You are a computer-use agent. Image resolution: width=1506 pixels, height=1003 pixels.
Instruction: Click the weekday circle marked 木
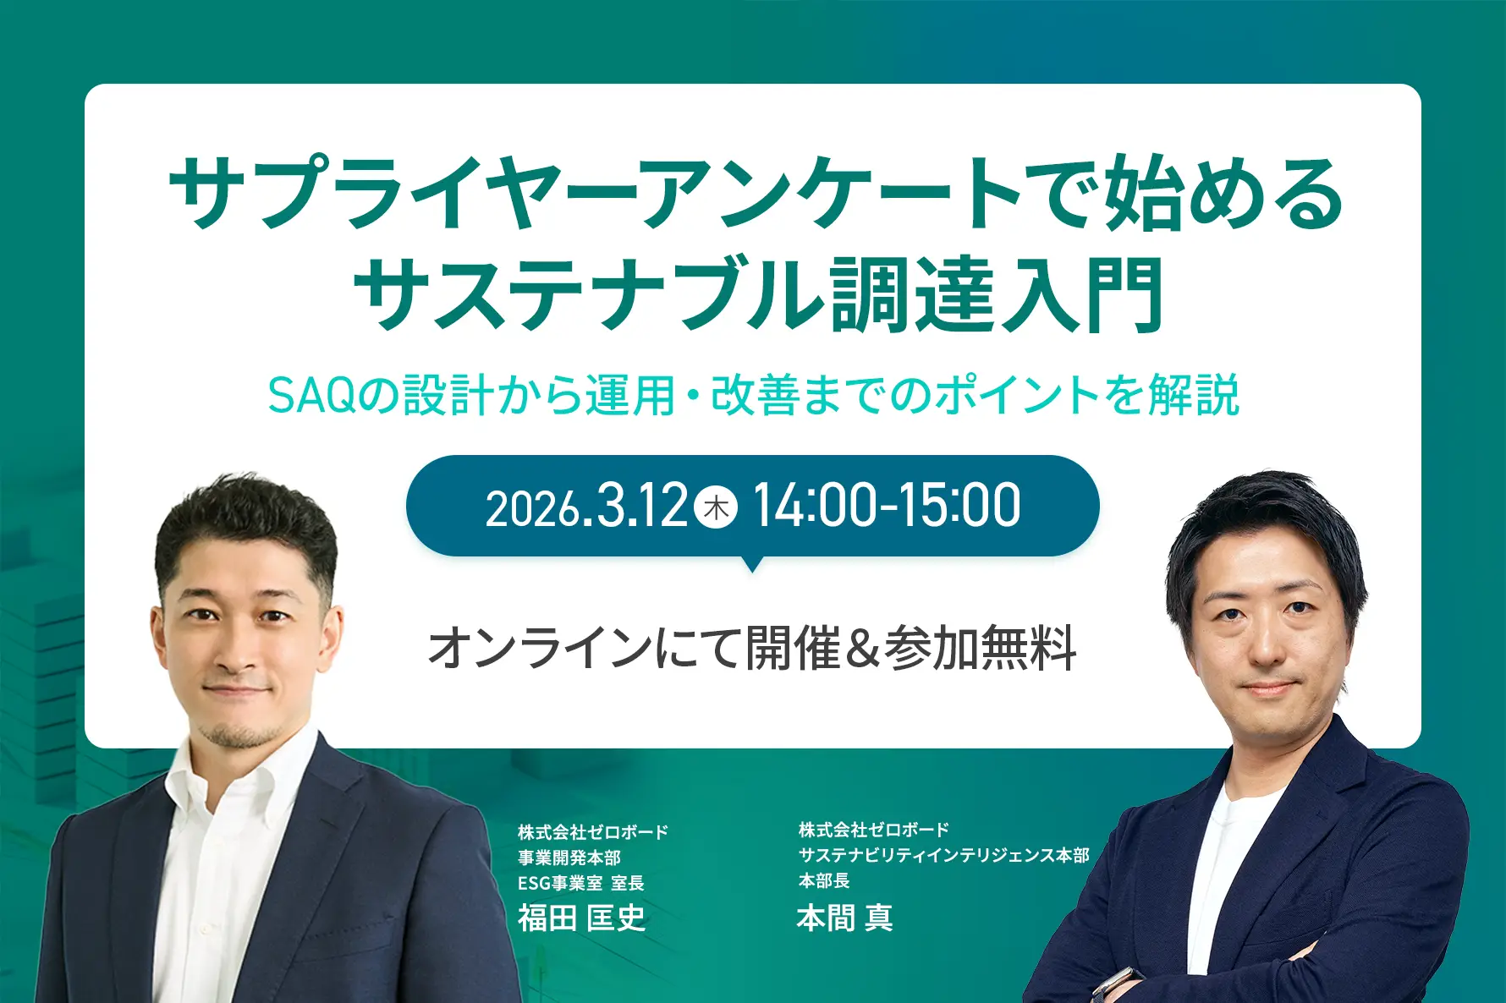tap(716, 507)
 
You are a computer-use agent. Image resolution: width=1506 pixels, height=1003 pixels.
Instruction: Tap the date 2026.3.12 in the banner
tap(586, 507)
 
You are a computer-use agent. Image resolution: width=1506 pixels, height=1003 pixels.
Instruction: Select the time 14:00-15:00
tap(887, 506)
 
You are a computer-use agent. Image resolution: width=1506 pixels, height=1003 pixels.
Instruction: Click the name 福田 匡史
tap(582, 918)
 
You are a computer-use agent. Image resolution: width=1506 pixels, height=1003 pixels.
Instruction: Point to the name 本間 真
tap(844, 917)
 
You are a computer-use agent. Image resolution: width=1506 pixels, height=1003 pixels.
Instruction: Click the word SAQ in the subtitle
tap(312, 395)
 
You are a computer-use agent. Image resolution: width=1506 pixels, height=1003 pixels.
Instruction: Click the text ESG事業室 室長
tap(581, 883)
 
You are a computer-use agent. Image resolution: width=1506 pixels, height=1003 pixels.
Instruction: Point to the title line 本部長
tap(824, 880)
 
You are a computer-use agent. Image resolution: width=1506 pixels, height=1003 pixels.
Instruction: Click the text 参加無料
tap(980, 649)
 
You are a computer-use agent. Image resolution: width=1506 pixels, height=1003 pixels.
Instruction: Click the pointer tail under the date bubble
tap(751, 563)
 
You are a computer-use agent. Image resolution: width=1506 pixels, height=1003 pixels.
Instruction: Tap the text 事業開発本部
tap(569, 858)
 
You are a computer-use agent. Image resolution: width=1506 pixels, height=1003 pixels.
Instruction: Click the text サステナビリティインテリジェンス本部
tap(944, 855)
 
